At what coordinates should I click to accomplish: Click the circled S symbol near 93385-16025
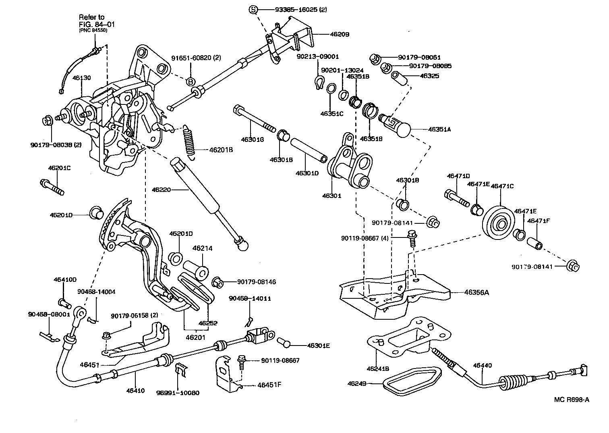coord(253,10)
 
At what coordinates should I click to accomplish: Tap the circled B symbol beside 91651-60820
coord(191,81)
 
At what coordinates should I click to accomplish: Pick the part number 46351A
coord(439,129)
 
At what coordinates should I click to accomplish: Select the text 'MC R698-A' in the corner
coord(571,400)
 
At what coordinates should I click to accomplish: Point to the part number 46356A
coord(476,292)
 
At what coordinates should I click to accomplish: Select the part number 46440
coord(483,365)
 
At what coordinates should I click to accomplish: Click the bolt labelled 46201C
coord(52,187)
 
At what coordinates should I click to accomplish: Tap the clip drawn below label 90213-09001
coord(319,83)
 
